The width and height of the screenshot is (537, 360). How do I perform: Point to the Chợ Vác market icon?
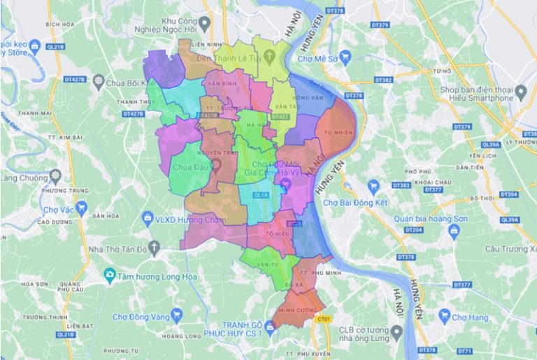pos(82,208)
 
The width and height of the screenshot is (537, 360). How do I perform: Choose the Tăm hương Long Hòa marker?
pos(109,275)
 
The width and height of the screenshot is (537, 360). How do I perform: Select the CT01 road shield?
pos(322,319)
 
